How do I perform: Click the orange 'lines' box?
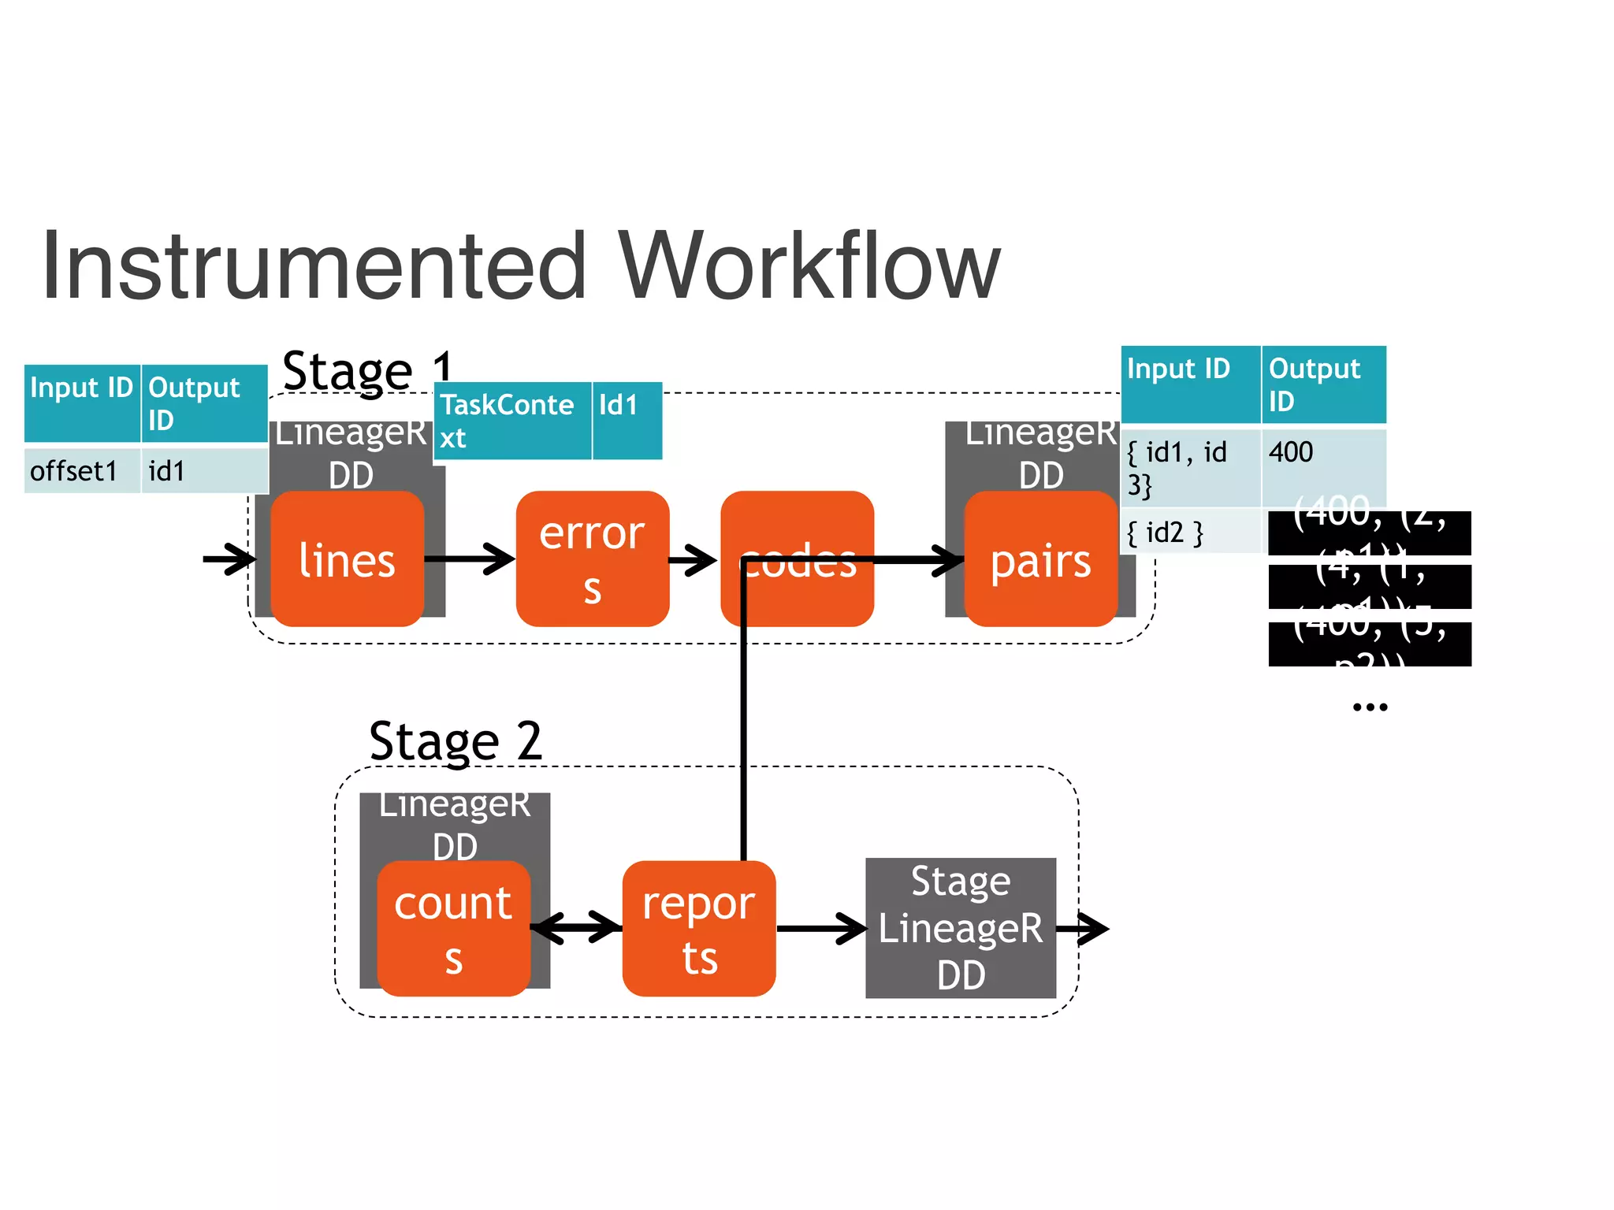pyautogui.click(x=347, y=559)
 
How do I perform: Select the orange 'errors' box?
pyautogui.click(x=592, y=559)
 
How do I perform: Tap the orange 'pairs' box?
pyautogui.click(x=1040, y=561)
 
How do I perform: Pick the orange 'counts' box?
pyautogui.click(x=453, y=929)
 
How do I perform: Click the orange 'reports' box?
pyautogui.click(x=698, y=929)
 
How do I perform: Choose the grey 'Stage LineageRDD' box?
pyautogui.click(x=960, y=928)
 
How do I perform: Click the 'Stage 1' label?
pyautogui.click(x=367, y=371)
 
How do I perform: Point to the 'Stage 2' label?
pyautogui.click(x=456, y=741)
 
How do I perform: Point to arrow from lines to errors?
pyautogui.click(x=470, y=559)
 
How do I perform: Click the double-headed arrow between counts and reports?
pyautogui.click(x=576, y=927)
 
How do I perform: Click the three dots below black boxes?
pyautogui.click(x=1370, y=707)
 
